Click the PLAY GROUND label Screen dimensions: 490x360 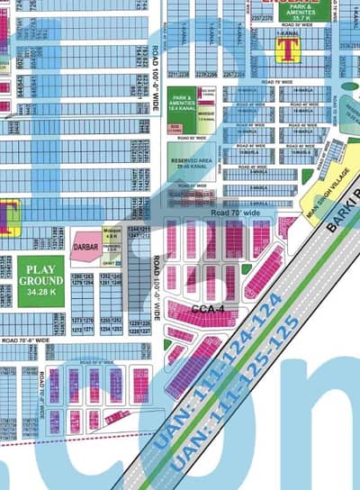pos(40,273)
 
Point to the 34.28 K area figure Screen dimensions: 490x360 pos(40,289)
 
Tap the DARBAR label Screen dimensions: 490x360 pos(85,243)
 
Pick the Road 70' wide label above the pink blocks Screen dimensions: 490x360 pos(232,213)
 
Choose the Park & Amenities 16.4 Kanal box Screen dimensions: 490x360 pos(182,103)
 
